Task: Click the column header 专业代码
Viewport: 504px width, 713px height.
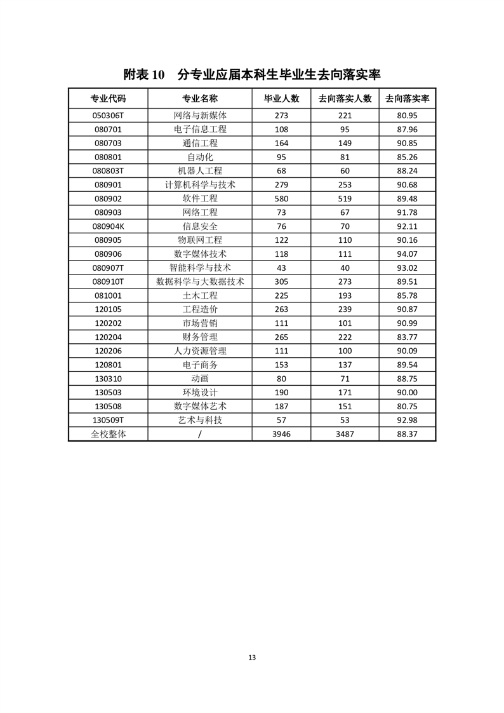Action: pyautogui.click(x=108, y=98)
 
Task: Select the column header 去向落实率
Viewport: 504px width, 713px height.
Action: pyautogui.click(x=407, y=98)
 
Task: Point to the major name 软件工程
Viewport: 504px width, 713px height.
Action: pyautogui.click(x=200, y=199)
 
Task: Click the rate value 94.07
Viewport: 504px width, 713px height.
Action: pyautogui.click(x=407, y=254)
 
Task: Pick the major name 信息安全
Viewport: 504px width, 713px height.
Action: pyautogui.click(x=200, y=226)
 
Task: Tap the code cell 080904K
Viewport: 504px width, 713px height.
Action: pyautogui.click(x=108, y=226)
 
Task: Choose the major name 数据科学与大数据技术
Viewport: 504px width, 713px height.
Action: pyautogui.click(x=200, y=282)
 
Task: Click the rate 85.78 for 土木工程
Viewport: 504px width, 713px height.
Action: pyautogui.click(x=407, y=295)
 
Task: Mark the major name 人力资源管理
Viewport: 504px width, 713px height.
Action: pyautogui.click(x=200, y=351)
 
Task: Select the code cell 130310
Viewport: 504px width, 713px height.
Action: pyautogui.click(x=108, y=379)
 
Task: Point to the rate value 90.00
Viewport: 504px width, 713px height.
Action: pyautogui.click(x=407, y=393)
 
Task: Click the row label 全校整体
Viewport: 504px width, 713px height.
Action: pyautogui.click(x=108, y=434)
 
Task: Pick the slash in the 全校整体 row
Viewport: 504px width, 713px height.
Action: pyautogui.click(x=200, y=434)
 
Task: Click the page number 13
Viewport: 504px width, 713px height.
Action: pyautogui.click(x=252, y=658)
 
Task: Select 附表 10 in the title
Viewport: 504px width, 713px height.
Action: pyautogui.click(x=144, y=74)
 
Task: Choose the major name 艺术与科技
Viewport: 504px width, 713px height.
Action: pyautogui.click(x=200, y=420)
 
